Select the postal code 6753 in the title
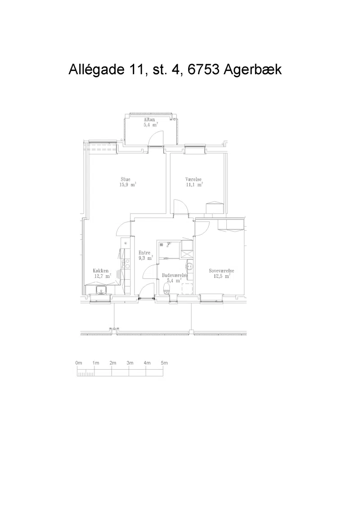(203, 70)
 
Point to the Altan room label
(149, 120)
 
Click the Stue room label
(126, 179)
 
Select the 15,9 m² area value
(128, 185)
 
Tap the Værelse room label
(193, 179)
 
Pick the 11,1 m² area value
(194, 185)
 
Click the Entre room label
(144, 253)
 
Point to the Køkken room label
(101, 271)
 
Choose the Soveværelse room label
(221, 271)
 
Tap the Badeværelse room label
(175, 275)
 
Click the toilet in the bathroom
(166, 288)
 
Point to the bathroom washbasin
(190, 267)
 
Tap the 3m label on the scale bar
(130, 363)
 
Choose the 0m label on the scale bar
(79, 363)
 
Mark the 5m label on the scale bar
(164, 363)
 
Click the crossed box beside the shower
(187, 254)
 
